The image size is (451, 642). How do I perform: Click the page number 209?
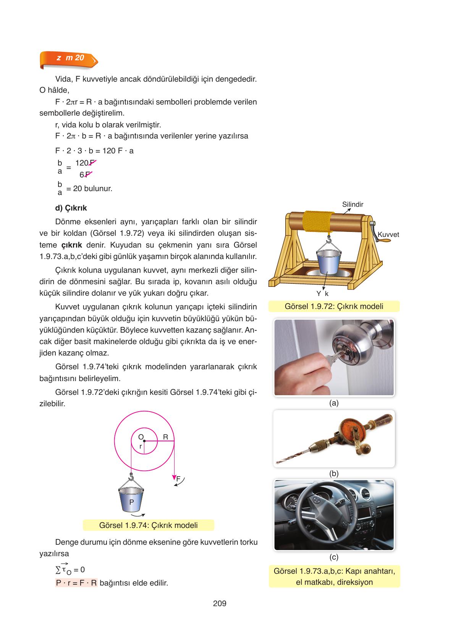point(220,603)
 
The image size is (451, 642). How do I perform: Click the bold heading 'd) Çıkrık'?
point(71,208)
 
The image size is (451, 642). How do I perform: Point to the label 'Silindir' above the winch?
point(352,204)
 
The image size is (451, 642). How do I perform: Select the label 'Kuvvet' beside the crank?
point(388,235)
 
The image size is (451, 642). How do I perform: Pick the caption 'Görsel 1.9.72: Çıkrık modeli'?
point(334,306)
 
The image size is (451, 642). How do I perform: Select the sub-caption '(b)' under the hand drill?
point(334,473)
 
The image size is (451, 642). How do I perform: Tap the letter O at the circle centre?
point(141,437)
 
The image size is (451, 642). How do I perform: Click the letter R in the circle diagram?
point(166,437)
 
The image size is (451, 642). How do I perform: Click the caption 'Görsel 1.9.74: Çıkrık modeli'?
point(148,525)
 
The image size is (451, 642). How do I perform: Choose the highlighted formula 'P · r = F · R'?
point(76,583)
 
